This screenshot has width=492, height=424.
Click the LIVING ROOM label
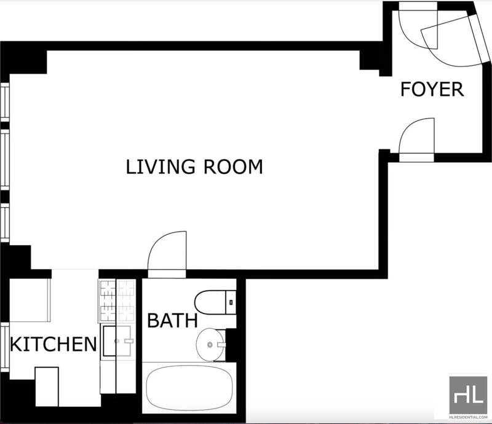(194, 167)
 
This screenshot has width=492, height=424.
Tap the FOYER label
(432, 88)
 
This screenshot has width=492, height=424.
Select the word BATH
(173, 320)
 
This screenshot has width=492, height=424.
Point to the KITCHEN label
(54, 344)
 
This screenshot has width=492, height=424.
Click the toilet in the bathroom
(215, 302)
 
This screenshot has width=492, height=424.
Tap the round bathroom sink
(210, 345)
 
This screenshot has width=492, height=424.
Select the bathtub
(189, 388)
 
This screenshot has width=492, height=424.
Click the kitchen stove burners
(117, 300)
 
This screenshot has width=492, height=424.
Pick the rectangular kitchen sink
(117, 341)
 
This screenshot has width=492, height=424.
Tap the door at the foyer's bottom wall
(417, 139)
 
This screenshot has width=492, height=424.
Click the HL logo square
(468, 395)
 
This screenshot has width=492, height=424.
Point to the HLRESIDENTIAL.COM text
(468, 417)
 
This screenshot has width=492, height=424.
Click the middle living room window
(5, 160)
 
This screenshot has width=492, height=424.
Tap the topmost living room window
(5, 101)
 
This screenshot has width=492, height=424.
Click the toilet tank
(231, 302)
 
